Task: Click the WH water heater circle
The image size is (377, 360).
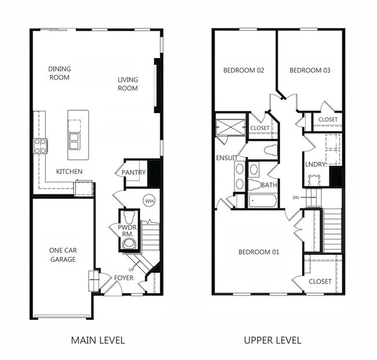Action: pos(149,201)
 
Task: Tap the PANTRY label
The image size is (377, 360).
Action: pos(133,172)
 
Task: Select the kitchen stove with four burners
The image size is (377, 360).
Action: pos(40,146)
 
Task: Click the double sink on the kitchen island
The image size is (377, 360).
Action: pos(74,141)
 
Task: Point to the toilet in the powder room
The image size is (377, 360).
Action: pos(129,217)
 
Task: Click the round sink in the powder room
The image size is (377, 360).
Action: pos(129,243)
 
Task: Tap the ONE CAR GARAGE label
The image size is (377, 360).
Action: pos(63,255)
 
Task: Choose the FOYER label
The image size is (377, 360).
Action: pos(124,278)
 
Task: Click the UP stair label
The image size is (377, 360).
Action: pos(131,270)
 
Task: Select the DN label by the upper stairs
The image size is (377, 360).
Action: pos(296,197)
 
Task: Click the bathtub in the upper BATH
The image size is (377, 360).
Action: pos(263,200)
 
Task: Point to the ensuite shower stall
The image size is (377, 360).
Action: pos(230,127)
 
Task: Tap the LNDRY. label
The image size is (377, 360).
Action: pos(316,164)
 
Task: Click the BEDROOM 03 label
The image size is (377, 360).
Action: pos(310,70)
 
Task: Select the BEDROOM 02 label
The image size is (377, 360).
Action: pos(244,70)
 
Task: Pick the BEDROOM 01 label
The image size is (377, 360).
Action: pos(259,252)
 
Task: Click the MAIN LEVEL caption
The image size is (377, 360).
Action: pos(98,340)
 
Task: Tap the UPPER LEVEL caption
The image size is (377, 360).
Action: pos(273,340)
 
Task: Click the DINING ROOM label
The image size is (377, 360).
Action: pos(59,73)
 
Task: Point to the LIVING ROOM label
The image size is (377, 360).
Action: pos(128,84)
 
